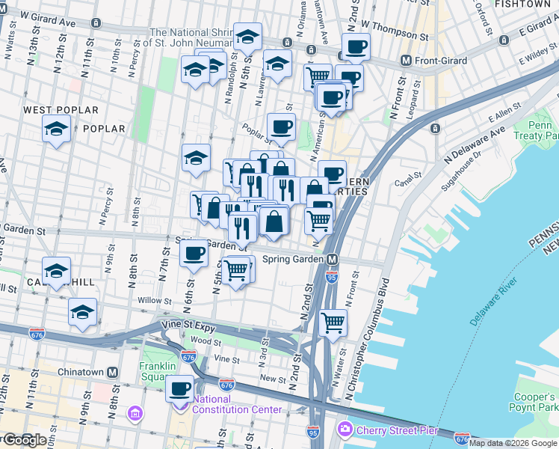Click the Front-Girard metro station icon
[407, 61]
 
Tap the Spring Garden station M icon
[333, 259]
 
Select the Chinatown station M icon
[113, 372]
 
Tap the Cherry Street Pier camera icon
[345, 429]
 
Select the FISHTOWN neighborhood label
[532, 4]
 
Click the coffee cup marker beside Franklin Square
[180, 388]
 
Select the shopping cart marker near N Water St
[333, 323]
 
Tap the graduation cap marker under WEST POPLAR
[56, 129]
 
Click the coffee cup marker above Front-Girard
[356, 46]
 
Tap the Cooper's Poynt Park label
[536, 402]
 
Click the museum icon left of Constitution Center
[135, 413]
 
